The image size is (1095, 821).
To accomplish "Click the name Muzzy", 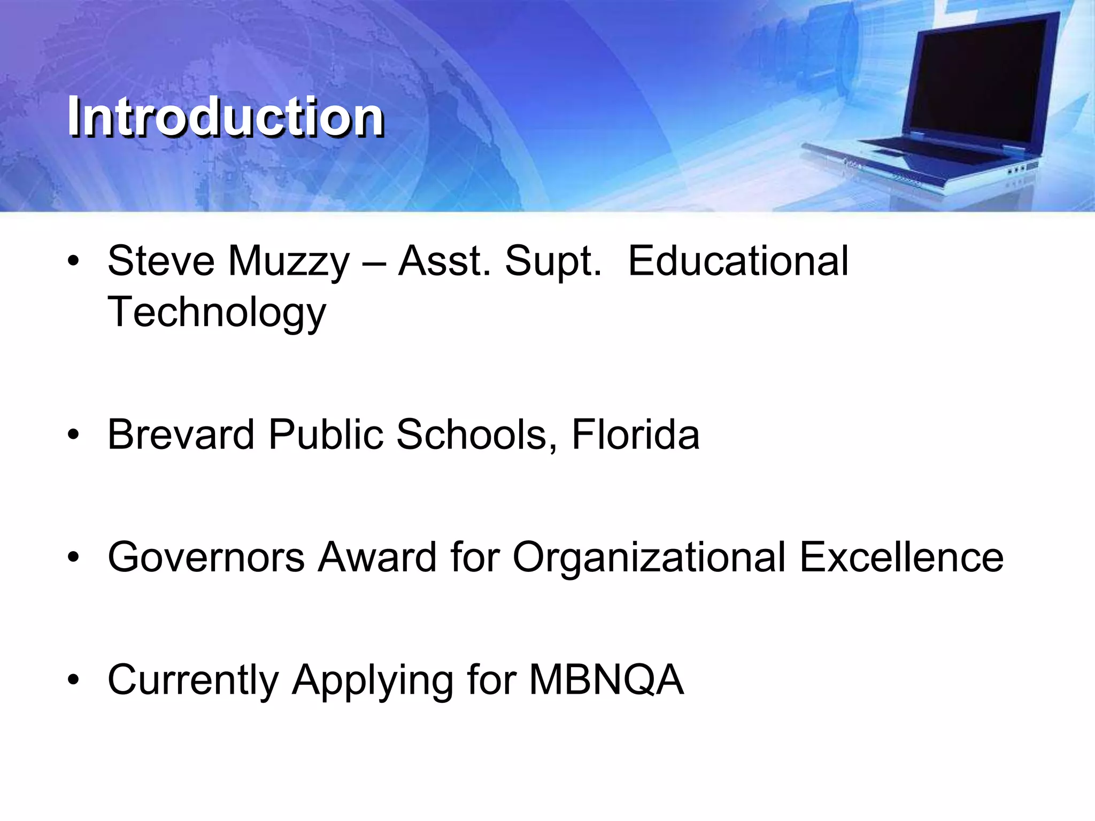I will (289, 262).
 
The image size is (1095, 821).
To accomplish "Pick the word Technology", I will (217, 313).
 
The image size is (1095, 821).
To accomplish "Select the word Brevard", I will (181, 434).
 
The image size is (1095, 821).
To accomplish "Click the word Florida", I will (635, 434).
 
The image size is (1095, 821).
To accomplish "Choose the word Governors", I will (206, 557).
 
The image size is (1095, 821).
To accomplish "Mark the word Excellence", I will (901, 557).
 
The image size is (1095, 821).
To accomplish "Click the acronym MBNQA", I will (606, 680).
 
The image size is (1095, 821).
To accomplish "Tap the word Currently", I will (193, 680).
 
